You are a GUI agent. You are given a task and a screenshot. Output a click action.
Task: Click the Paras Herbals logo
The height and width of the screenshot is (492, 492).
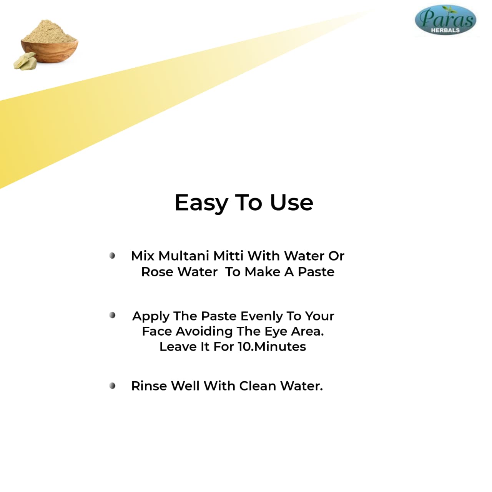coord(445,20)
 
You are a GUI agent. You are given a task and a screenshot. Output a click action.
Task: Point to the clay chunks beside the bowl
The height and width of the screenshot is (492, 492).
coord(25,61)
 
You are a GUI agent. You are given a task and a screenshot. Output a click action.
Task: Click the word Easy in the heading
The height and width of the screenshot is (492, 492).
coord(201,203)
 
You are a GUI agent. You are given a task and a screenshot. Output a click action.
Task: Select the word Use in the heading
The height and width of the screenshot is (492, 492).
coord(292,203)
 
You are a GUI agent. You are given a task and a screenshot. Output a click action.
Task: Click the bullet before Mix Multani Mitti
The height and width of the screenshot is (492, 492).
coord(112,256)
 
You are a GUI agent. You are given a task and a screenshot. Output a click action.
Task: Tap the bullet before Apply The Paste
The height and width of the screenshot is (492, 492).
coord(112,315)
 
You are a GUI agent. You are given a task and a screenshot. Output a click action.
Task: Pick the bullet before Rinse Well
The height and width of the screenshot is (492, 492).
coord(112,386)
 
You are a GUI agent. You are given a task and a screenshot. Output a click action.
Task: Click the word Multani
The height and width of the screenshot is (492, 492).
coord(184,256)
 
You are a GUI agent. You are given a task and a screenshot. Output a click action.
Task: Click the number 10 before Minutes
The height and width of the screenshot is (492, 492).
coord(244,347)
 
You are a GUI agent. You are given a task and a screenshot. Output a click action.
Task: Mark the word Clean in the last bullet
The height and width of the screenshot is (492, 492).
coord(258,386)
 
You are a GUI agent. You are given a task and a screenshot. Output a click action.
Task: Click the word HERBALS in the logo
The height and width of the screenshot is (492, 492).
coord(445,30)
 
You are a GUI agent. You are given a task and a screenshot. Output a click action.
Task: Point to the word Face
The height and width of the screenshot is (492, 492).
coord(157,332)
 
